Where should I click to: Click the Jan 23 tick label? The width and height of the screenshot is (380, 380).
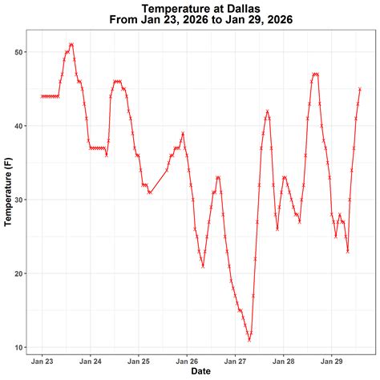(42, 361)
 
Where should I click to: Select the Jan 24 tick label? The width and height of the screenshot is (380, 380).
(91, 361)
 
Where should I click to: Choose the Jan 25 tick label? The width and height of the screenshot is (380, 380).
(139, 361)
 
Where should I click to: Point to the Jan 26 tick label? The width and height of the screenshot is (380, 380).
(188, 361)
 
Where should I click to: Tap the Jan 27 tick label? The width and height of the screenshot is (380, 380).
(236, 361)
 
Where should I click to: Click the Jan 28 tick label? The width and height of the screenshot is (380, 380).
(284, 361)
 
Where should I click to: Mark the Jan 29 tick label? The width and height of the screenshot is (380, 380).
(332, 361)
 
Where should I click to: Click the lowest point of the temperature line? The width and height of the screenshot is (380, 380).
(249, 340)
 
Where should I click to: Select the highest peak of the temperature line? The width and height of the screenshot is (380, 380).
(71, 45)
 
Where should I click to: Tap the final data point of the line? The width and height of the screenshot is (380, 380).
(360, 89)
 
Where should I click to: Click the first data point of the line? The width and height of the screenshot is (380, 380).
(42, 96)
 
